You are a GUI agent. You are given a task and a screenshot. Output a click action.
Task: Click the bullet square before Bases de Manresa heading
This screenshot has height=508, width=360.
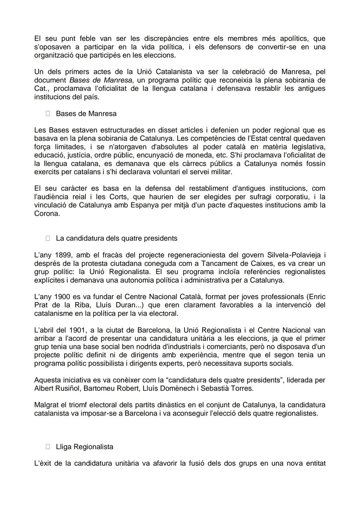coord(48,114)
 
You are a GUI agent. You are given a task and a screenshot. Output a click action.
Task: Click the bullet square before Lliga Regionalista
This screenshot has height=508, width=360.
coord(48,447)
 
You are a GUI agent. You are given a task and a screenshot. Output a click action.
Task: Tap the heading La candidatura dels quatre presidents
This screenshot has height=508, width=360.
coord(116,239)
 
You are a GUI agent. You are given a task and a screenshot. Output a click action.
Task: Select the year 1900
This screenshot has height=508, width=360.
coord(62,297)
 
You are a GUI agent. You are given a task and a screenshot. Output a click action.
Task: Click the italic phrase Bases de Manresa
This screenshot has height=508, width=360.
coord(101,80)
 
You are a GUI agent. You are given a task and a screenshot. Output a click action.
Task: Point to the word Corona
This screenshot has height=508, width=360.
coord(47,214)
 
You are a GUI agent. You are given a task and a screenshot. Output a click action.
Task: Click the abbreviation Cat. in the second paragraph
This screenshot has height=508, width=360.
coord(41,88)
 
